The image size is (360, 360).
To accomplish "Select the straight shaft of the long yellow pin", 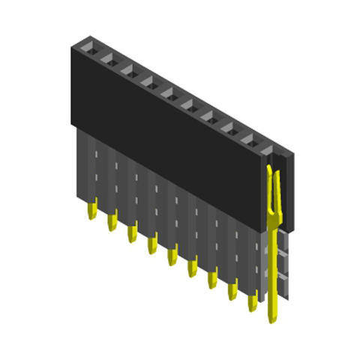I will tap(272, 270).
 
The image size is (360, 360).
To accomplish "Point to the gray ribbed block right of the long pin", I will tap(283, 262).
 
